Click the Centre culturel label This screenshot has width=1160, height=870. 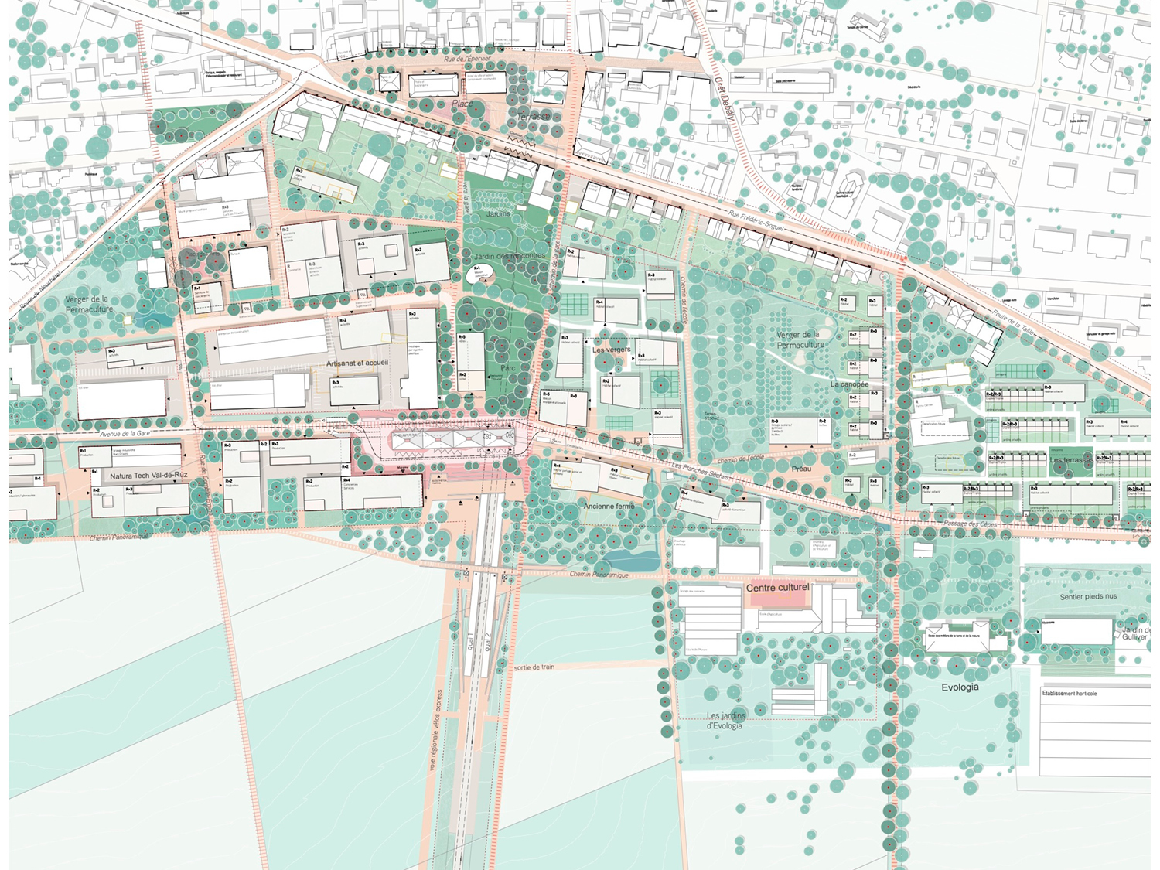pyautogui.click(x=777, y=588)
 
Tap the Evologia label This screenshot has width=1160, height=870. pyautogui.click(x=960, y=687)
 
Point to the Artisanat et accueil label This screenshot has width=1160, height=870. pyautogui.click(x=357, y=363)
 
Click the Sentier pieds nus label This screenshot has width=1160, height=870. pyautogui.click(x=1088, y=597)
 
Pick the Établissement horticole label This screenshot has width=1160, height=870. pyautogui.click(x=1069, y=694)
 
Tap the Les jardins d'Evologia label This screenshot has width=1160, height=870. pyautogui.click(x=725, y=721)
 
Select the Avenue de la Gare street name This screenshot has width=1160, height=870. pyautogui.click(x=125, y=435)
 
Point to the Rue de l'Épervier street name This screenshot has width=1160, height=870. pyautogui.click(x=467, y=59)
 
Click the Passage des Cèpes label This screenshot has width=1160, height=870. pyautogui.click(x=970, y=524)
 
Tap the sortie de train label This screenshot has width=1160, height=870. pyautogui.click(x=534, y=667)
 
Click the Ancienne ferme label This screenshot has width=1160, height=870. pyautogui.click(x=609, y=507)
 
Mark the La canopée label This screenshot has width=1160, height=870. pyautogui.click(x=849, y=384)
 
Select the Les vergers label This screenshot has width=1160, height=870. pyautogui.click(x=611, y=350)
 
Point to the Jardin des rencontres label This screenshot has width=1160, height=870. pyautogui.click(x=510, y=256)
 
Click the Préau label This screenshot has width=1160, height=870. pyautogui.click(x=801, y=469)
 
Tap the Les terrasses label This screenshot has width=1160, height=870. pyautogui.click(x=1071, y=460)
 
